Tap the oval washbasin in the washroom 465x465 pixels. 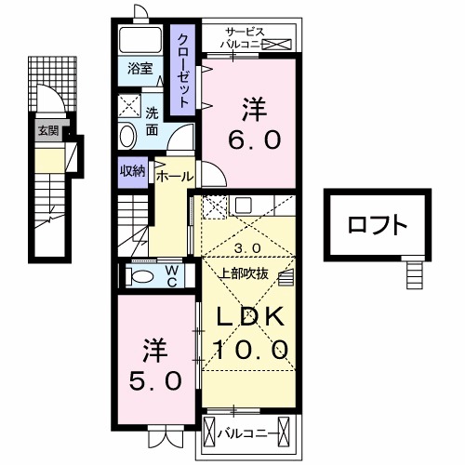(128, 137)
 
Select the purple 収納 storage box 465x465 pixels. (131, 170)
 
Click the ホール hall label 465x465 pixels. (174, 176)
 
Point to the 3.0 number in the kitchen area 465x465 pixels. (246, 247)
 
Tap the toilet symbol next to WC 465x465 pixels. (142, 276)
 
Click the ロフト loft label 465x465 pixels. (378, 224)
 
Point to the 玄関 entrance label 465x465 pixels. (47, 131)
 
